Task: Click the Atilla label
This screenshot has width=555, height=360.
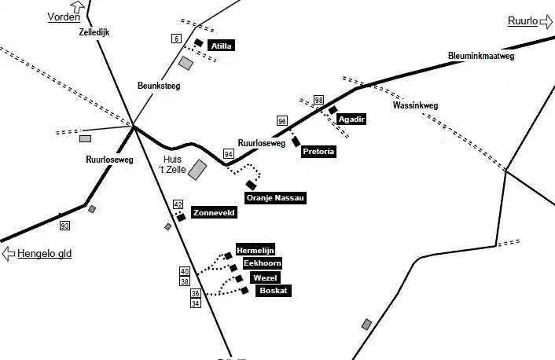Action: (x=222, y=46)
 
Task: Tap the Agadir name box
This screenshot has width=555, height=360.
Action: (x=351, y=119)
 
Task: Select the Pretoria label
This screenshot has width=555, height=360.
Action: (x=319, y=152)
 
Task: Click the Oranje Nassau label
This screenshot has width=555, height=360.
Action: (x=275, y=198)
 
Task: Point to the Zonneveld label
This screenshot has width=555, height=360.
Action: (x=214, y=213)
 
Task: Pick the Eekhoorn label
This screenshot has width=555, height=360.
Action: (x=263, y=263)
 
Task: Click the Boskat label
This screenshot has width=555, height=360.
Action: (x=273, y=291)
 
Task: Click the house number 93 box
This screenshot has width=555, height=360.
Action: (x=64, y=226)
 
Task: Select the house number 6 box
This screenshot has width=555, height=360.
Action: (x=176, y=39)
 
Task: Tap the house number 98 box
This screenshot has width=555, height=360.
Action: (x=318, y=100)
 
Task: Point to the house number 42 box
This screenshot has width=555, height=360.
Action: (x=178, y=204)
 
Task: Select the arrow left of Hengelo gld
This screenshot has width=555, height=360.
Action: (x=9, y=253)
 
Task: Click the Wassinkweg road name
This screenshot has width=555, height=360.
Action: (x=415, y=105)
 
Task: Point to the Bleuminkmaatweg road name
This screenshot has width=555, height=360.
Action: (x=480, y=56)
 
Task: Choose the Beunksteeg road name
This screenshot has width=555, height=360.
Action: (x=159, y=86)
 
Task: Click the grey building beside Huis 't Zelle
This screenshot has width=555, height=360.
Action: (x=197, y=170)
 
